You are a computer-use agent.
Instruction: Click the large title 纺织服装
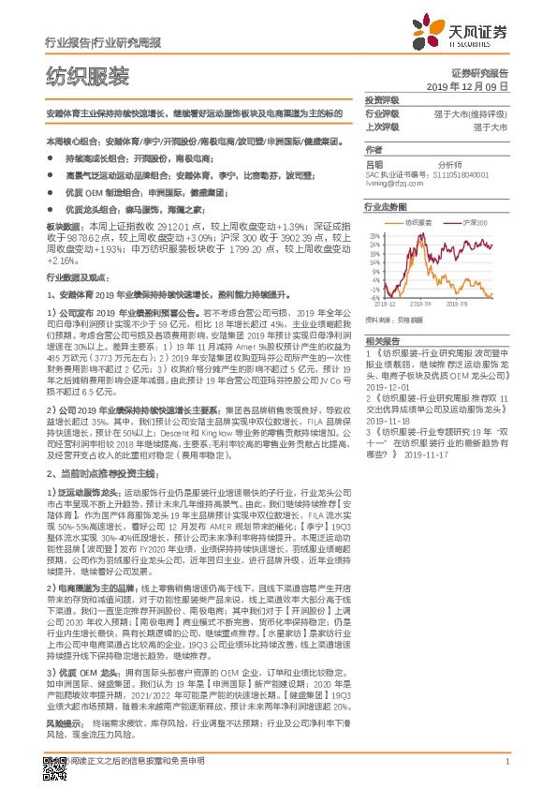pyautogui.click(x=88, y=76)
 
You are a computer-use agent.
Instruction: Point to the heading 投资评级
pyautogui.click(x=382, y=99)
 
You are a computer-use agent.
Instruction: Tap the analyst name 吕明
pyautogui.click(x=374, y=163)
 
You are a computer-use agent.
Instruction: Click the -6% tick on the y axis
pyautogui.click(x=374, y=299)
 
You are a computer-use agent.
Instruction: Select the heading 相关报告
pyautogui.click(x=382, y=340)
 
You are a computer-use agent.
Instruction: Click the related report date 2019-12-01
pyautogui.click(x=385, y=383)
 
